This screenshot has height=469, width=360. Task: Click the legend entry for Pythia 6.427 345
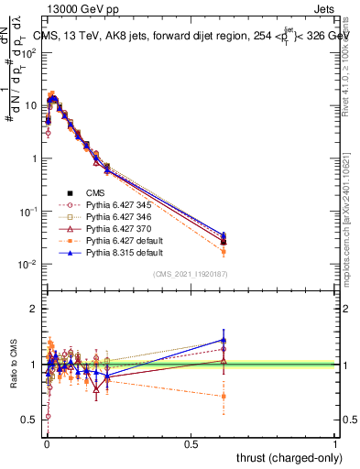115,204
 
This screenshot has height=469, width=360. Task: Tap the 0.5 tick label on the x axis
191,443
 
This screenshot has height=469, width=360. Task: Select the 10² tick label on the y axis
29,52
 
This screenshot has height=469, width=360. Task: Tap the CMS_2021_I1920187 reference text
191,274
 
